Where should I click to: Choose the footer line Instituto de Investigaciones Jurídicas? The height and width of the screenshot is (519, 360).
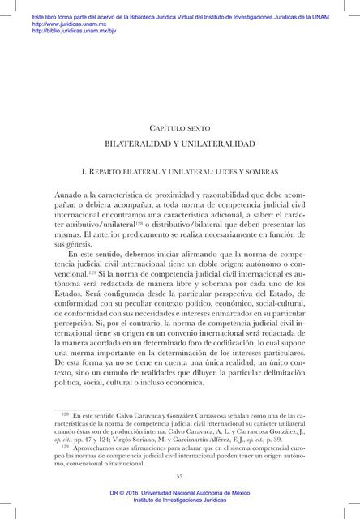(x=180, y=501)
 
